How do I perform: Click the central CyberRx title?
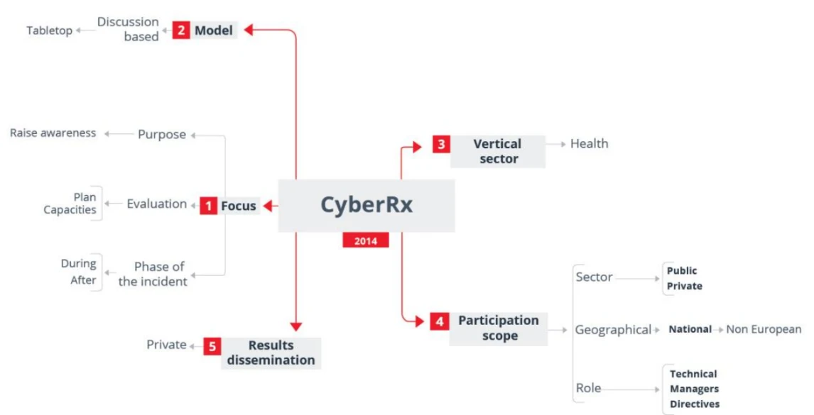point(367,204)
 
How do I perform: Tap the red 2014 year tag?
point(366,240)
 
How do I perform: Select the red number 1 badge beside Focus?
point(208,206)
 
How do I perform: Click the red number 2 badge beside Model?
point(180,30)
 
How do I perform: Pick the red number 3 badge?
point(441,144)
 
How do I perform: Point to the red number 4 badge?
point(439,321)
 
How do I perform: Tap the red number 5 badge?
point(212,346)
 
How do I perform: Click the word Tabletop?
point(49,31)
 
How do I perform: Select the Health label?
point(590,144)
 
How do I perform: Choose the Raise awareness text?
point(53,133)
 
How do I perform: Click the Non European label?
point(764,329)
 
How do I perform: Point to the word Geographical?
point(613,330)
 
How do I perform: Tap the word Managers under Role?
point(694,389)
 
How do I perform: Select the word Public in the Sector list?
point(682,271)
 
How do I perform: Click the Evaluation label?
point(157,204)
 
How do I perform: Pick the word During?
point(79,263)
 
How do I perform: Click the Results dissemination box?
point(271,353)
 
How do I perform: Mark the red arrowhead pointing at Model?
point(249,30)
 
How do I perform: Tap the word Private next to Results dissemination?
point(166,345)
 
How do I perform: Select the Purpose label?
point(162,134)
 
